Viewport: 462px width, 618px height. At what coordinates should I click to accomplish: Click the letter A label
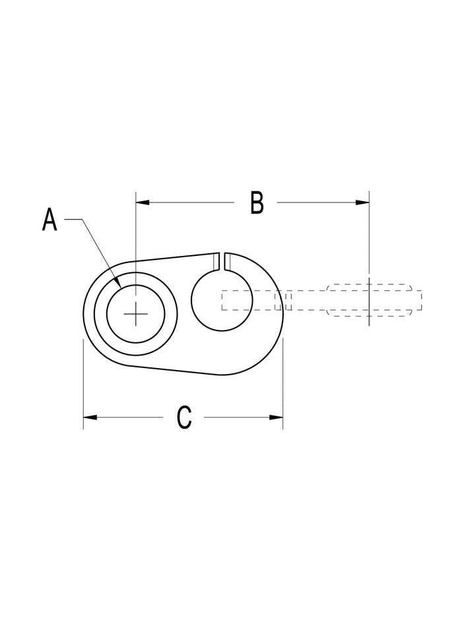coord(49,220)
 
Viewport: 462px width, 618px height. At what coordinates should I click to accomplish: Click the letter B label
coord(257,203)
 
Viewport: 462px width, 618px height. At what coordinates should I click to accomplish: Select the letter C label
coord(184,417)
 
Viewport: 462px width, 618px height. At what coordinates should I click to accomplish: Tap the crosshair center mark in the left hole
coord(136,314)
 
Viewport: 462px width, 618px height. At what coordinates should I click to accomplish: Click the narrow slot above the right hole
coord(222,261)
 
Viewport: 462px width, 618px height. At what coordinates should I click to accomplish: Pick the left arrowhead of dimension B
coord(141,202)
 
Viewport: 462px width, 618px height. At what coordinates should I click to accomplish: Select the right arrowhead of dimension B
coord(362,202)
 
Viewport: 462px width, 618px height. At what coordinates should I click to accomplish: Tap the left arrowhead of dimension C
coord(90,417)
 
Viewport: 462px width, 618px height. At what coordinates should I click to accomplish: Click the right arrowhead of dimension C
coord(277,417)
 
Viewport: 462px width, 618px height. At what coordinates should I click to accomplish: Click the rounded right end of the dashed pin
coord(416,301)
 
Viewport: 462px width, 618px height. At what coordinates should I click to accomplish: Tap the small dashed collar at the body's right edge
coord(282,301)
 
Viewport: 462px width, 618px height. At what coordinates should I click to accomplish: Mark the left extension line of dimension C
coord(83,383)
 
